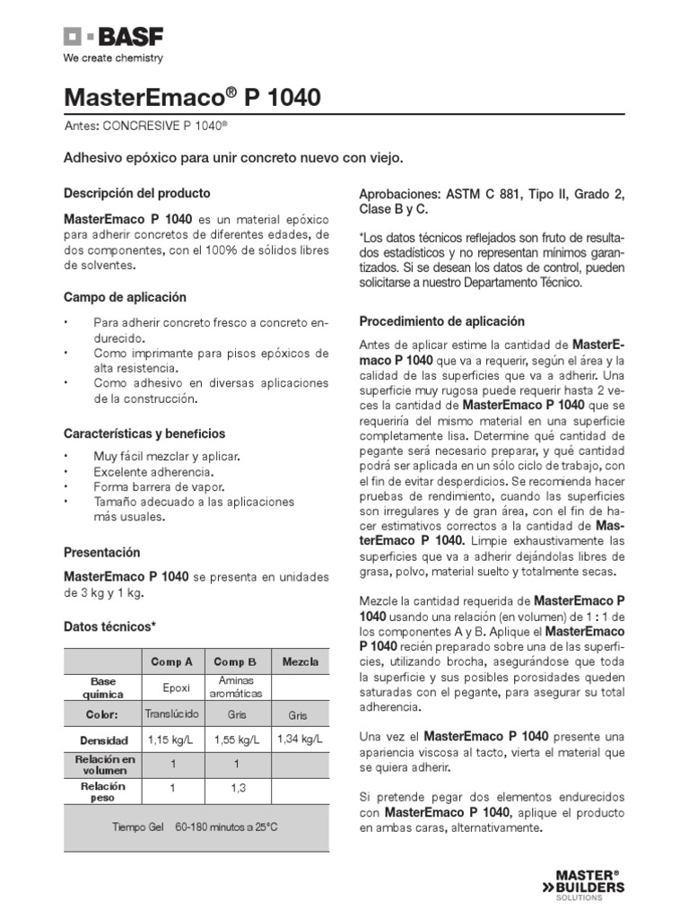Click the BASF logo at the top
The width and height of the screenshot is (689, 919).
[113, 38]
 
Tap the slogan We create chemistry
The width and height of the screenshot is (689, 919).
[112, 59]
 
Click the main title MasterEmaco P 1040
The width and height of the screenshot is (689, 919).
[192, 98]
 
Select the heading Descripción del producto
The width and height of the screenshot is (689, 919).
[137, 193]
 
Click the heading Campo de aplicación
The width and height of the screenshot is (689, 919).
[125, 297]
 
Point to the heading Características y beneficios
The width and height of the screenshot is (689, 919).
[144, 433]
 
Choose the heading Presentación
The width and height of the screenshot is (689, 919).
[102, 553]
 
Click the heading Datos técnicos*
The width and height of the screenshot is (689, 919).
[109, 626]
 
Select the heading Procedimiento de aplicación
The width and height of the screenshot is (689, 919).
[441, 321]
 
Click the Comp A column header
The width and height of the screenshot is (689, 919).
[171, 662]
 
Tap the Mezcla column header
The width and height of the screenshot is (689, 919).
[300, 662]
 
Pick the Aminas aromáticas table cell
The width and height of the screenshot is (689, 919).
[236, 687]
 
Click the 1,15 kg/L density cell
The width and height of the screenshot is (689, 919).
[171, 740]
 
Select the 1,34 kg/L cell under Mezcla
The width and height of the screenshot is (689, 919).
[300, 739]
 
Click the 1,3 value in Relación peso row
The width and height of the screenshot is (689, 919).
[236, 787]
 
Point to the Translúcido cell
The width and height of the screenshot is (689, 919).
[171, 713]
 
